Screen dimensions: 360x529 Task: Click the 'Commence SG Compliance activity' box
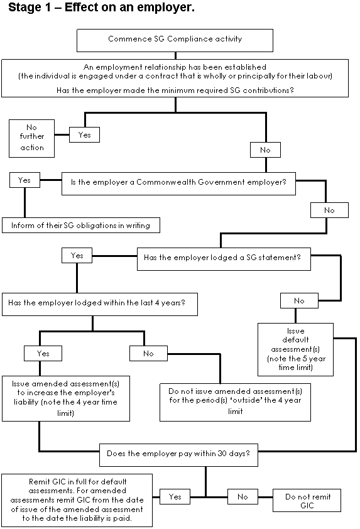pyautogui.click(x=175, y=40)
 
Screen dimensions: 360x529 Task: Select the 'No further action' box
pyautogui.click(x=31, y=138)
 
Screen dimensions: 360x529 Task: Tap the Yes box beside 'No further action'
pyautogui.click(x=84, y=134)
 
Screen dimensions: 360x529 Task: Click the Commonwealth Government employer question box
pyautogui.click(x=178, y=183)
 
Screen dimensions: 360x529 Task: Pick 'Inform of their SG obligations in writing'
pyautogui.click(x=81, y=225)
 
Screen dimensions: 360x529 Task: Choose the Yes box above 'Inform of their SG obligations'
pyautogui.click(x=25, y=180)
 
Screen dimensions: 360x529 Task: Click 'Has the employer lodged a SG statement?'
pyautogui.click(x=224, y=259)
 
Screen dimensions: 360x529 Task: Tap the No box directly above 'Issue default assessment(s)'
pyautogui.click(x=299, y=300)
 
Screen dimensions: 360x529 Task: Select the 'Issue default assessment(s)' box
pyautogui.click(x=295, y=349)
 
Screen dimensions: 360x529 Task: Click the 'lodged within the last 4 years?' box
pyautogui.click(x=100, y=304)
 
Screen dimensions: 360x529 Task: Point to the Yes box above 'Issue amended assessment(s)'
pyautogui.click(x=43, y=353)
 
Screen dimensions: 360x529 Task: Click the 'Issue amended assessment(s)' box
pyautogui.click(x=66, y=398)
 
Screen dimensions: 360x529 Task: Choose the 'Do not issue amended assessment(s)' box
pyautogui.click(x=235, y=402)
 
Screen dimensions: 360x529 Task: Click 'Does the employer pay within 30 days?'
pyautogui.click(x=178, y=455)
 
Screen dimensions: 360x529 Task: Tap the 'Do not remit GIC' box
pyautogui.click(x=307, y=500)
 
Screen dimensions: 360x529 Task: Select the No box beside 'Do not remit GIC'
pyautogui.click(x=243, y=496)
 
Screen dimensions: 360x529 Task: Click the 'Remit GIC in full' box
pyautogui.click(x=77, y=500)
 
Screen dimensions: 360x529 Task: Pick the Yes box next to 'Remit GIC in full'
pyautogui.click(x=175, y=496)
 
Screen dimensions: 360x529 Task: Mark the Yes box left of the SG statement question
pyautogui.click(x=77, y=256)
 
